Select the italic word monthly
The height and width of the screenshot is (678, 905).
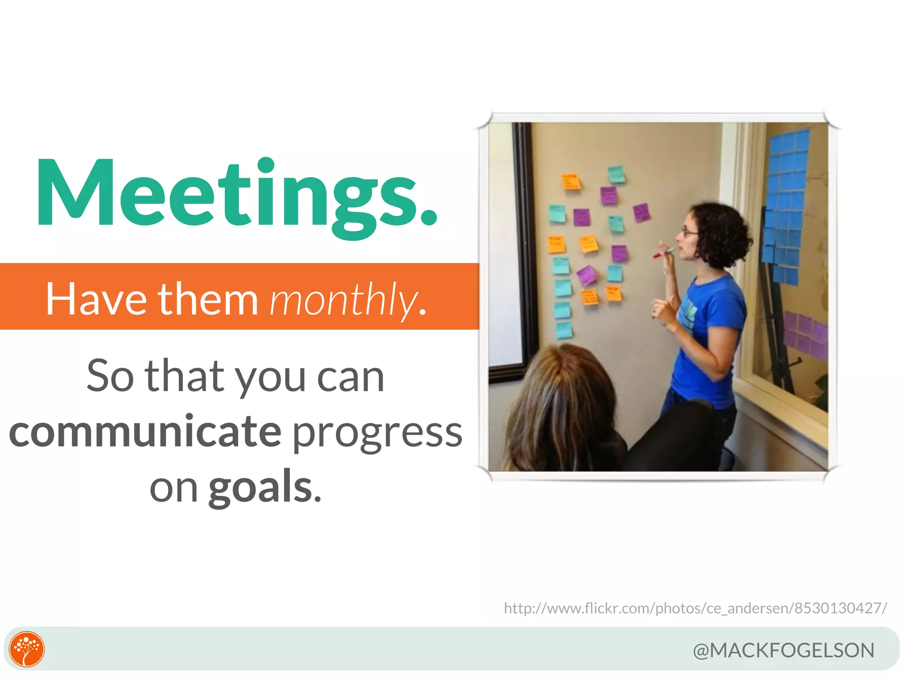(x=342, y=300)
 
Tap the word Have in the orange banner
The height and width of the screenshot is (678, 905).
(x=96, y=300)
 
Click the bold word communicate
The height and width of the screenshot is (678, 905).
(x=145, y=432)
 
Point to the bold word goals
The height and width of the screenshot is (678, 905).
(x=261, y=487)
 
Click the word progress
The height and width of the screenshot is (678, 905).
(x=377, y=433)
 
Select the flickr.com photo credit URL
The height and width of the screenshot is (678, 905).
(x=695, y=608)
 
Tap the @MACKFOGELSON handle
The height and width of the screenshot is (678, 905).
(x=783, y=650)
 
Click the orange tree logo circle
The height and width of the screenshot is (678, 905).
(x=27, y=649)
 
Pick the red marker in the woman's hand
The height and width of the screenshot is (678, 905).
(x=663, y=253)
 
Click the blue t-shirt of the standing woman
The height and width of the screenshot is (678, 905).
(x=707, y=340)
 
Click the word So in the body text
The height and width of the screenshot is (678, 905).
(x=110, y=376)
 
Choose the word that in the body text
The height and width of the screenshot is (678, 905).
(x=184, y=376)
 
